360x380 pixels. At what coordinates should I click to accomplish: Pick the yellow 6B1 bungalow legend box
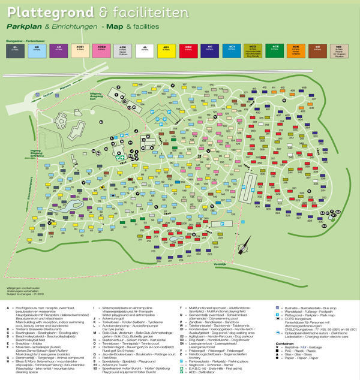pos(166,50)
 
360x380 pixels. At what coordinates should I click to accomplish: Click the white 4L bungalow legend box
pos(144,50)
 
